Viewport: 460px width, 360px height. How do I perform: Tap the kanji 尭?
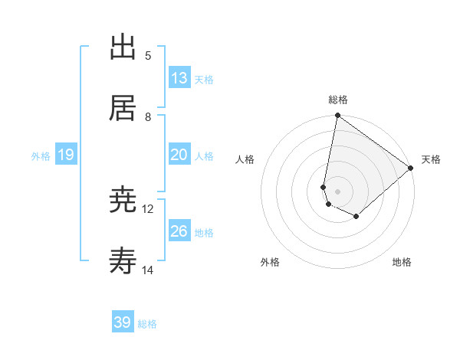(x=123, y=200)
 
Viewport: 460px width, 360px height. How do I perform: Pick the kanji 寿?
(x=123, y=261)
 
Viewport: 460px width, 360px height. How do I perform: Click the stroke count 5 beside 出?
(x=148, y=55)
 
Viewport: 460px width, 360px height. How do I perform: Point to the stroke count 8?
(x=148, y=116)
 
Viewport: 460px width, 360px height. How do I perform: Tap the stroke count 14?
(x=148, y=270)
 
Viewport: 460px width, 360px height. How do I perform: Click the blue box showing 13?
(x=179, y=78)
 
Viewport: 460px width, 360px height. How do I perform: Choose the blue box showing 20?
(x=179, y=155)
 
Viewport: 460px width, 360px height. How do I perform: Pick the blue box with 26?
(x=179, y=231)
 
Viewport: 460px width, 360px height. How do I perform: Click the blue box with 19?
(x=66, y=155)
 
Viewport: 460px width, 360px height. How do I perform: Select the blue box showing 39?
(x=123, y=322)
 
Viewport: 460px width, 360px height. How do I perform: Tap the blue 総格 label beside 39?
(x=147, y=324)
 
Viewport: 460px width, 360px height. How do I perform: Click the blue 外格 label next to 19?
(x=41, y=156)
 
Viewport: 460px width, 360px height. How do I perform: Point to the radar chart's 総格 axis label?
(x=338, y=100)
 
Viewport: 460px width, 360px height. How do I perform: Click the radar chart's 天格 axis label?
(x=431, y=159)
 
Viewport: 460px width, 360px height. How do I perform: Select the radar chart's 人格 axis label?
(x=245, y=159)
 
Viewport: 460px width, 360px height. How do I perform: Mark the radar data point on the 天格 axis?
(x=411, y=169)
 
